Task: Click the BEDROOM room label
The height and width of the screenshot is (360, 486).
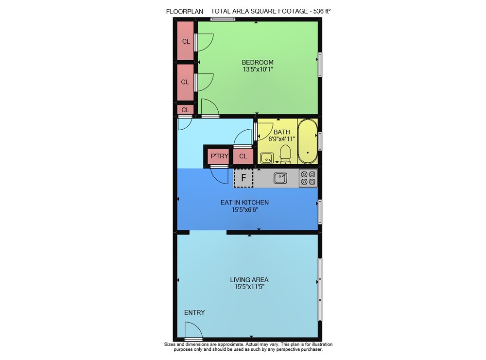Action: [258, 62]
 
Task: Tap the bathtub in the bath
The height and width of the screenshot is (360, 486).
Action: [308, 141]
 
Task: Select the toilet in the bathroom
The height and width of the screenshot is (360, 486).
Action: [285, 154]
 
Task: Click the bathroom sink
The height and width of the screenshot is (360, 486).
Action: [266, 158]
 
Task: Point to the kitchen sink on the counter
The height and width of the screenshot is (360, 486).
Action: [280, 178]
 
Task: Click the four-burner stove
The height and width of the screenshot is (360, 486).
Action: [308, 178]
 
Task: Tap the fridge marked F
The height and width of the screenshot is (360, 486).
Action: [243, 178]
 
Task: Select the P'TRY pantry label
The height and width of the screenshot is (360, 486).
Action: [220, 156]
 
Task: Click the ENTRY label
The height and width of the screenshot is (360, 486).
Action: [195, 312]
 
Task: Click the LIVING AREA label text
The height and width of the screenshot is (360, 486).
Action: [249, 280]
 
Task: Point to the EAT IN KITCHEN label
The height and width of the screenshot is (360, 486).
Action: [244, 203]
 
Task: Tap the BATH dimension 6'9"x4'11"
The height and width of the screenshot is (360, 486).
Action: [282, 139]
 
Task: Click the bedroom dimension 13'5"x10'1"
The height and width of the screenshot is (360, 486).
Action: [258, 69]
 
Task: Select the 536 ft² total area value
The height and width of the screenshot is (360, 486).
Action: [322, 11]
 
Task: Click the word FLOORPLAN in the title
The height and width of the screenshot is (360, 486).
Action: [184, 12]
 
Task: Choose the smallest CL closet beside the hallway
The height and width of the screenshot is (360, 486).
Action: [185, 110]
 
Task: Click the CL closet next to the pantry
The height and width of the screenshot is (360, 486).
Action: [243, 156]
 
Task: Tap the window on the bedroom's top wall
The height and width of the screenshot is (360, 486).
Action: [223, 19]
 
